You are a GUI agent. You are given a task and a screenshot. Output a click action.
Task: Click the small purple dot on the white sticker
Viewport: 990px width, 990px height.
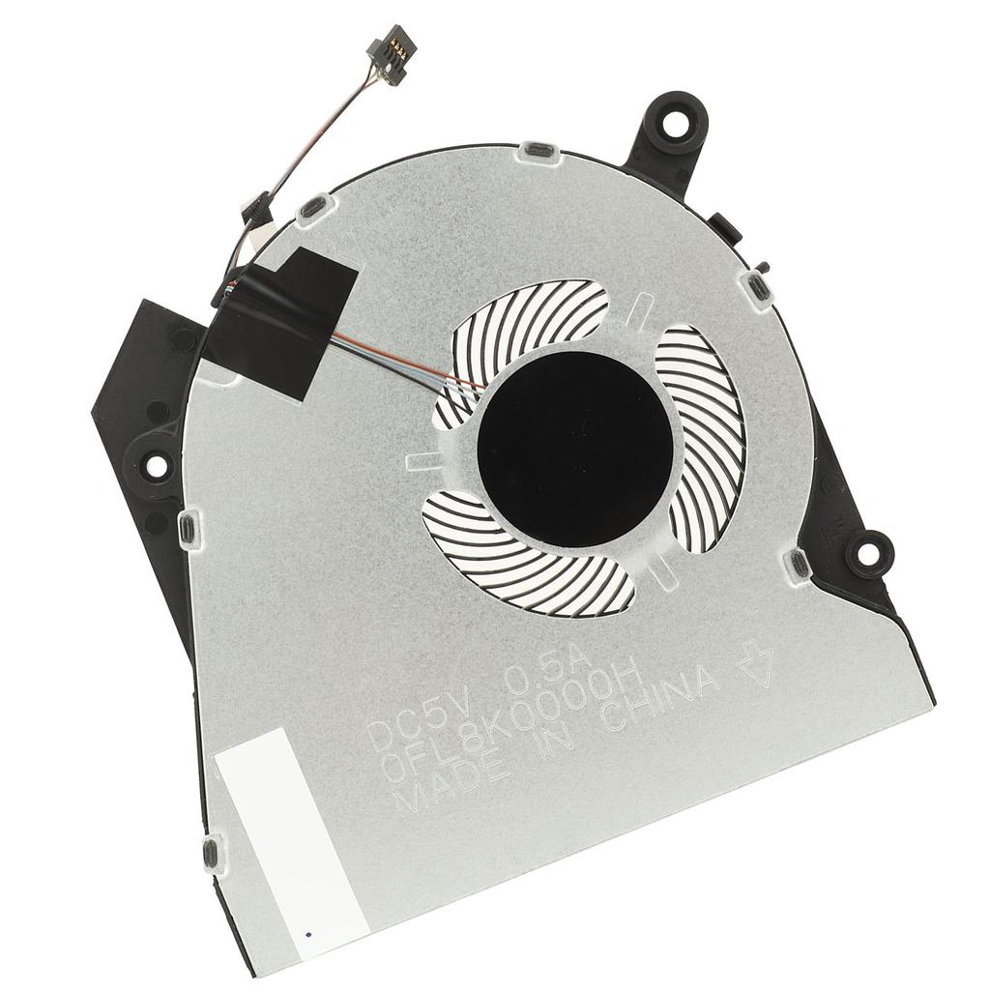307,935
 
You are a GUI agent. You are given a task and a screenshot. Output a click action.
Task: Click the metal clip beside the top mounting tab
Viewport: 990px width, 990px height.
537,152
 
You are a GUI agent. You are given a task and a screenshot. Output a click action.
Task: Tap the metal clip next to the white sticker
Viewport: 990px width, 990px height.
210,852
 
